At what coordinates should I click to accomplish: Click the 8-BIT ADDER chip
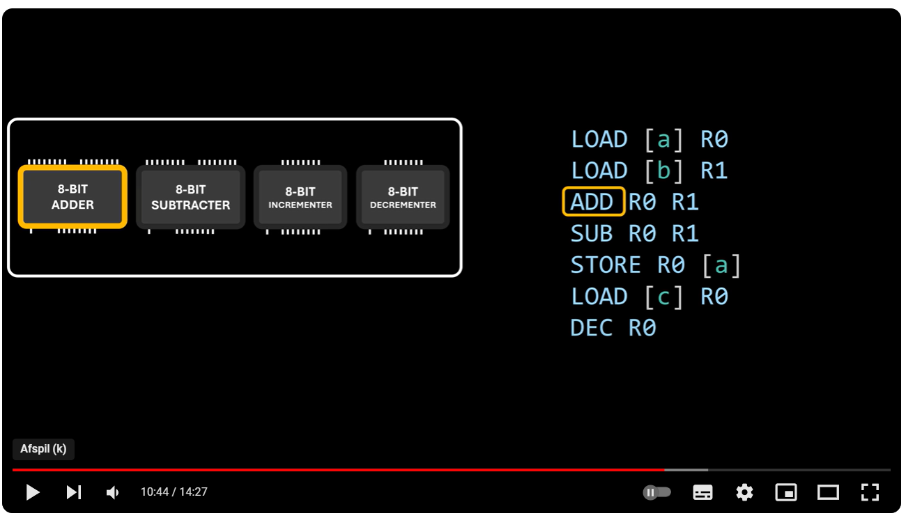pos(72,197)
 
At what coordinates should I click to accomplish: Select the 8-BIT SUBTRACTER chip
pos(190,198)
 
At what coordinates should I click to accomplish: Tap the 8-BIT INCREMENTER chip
pos(300,198)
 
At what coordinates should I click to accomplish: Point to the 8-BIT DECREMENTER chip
pos(403,198)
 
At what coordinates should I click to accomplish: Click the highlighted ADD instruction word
pos(593,202)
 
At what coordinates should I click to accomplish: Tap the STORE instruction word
pos(606,265)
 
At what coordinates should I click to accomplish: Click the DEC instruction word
pos(591,328)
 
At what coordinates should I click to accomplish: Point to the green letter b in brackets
pos(663,171)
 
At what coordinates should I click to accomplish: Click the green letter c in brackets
pos(663,297)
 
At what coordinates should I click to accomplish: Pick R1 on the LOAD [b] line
pos(714,171)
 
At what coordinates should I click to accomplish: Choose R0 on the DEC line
pos(642,328)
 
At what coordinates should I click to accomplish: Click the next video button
pos(74,492)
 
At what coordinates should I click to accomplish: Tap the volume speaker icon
pos(112,492)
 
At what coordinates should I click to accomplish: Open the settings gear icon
pos(744,492)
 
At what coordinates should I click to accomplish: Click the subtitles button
pos(702,492)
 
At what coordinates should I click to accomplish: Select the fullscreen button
pos(870,492)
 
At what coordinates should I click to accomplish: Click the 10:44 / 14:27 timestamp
pos(174,492)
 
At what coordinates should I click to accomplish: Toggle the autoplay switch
pos(657,492)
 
